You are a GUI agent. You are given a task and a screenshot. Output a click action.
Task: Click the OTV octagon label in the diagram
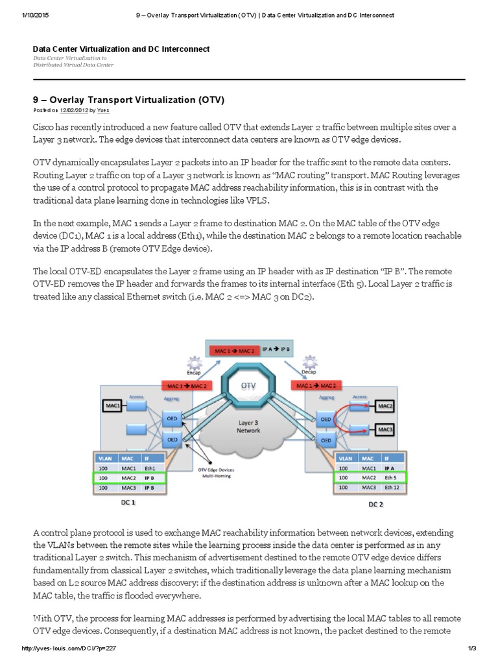[248, 385]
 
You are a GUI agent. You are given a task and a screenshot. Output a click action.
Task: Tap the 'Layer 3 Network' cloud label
[248, 425]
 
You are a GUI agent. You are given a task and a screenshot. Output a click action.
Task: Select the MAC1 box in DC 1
[110, 406]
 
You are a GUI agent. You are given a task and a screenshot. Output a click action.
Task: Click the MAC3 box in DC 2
[385, 429]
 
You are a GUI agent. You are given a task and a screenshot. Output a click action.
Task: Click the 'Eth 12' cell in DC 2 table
[391, 487]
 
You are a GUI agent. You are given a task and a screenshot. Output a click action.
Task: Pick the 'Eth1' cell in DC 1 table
[153, 468]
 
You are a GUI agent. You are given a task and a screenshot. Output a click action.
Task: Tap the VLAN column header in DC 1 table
[105, 457]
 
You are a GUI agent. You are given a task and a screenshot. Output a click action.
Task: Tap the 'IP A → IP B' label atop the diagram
[277, 348]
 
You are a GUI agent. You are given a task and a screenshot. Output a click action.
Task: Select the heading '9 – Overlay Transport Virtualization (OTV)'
[128, 100]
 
